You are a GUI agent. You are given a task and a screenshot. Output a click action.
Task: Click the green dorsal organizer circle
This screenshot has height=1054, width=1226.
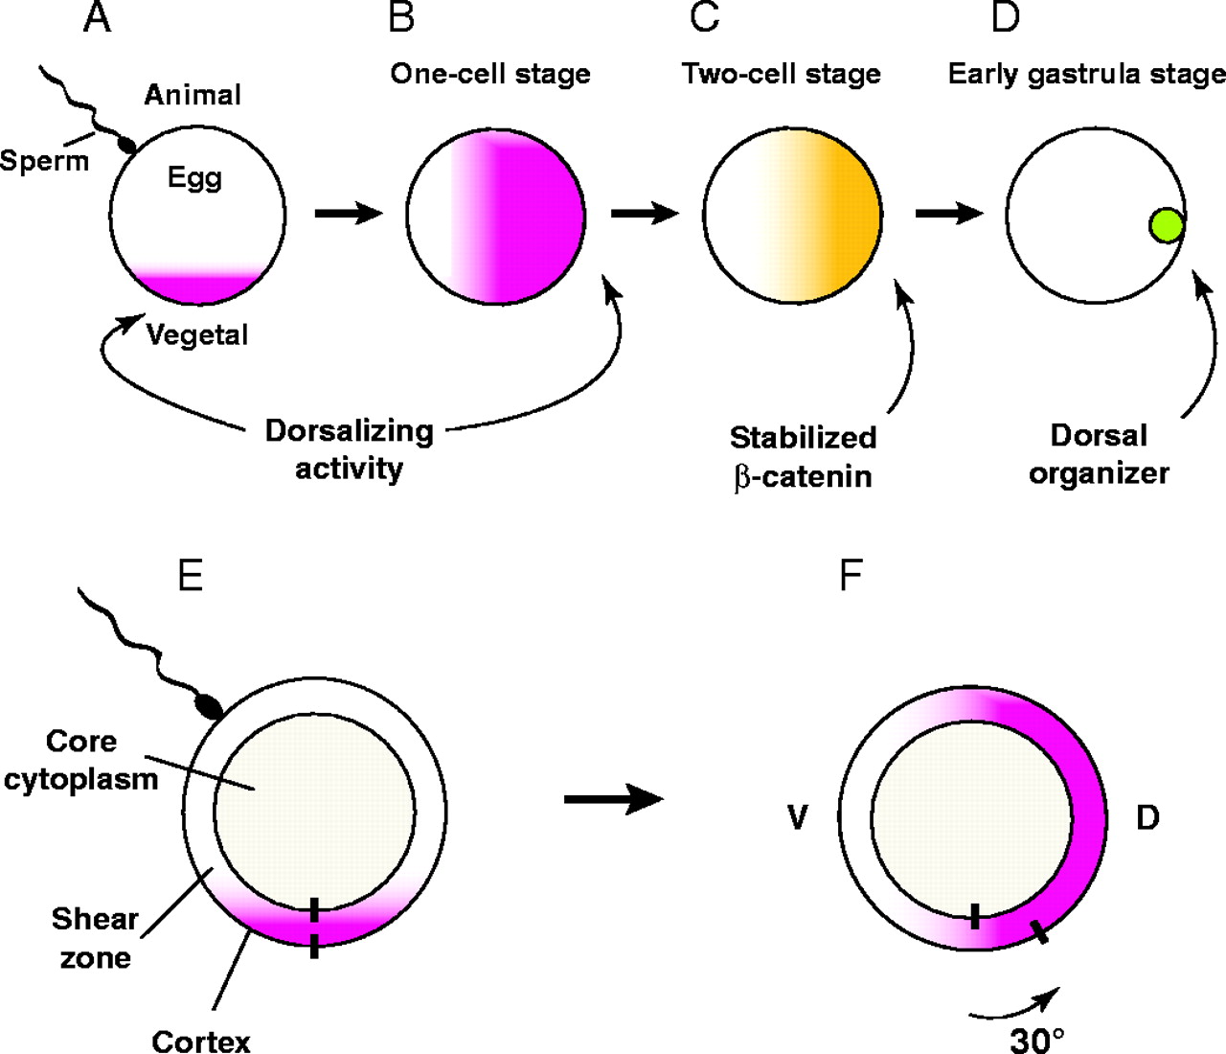pos(1167,225)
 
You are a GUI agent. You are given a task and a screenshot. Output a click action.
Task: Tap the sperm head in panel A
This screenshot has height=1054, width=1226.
pos(126,146)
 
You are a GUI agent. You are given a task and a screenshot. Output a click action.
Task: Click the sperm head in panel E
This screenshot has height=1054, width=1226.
pos(209,707)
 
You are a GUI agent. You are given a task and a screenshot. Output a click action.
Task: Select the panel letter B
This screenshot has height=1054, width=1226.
pos(401,17)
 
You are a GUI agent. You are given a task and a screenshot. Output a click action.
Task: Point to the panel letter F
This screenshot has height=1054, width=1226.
pos(851,576)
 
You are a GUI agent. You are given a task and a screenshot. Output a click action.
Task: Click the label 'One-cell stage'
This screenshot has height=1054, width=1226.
pos(490,75)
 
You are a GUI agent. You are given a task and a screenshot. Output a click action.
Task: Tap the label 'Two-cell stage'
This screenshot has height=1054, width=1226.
pos(782,75)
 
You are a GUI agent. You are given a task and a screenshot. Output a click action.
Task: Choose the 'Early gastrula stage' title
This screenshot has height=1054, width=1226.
pos(1086,75)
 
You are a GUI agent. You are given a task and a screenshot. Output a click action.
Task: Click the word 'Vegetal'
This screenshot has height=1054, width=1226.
pos(197,334)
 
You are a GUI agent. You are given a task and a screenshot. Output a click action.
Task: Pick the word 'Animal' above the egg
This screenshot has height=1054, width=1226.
pos(193,95)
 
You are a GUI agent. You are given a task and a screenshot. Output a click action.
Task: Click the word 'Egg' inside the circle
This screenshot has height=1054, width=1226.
pos(194,177)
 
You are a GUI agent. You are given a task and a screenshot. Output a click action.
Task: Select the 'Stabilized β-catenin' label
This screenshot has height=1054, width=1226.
pos(803,456)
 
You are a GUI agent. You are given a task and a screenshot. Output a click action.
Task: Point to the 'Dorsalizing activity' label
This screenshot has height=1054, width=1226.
pos(349,449)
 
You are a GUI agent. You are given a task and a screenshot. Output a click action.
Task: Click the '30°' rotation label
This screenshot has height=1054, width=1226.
pos(1037,1039)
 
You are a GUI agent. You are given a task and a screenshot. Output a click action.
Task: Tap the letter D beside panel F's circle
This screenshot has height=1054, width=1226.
pos(1147,817)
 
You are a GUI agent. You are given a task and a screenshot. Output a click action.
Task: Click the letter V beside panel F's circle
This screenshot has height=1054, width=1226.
pos(797,818)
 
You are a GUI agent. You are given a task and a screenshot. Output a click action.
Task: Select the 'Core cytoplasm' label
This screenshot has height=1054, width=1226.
pos(81,759)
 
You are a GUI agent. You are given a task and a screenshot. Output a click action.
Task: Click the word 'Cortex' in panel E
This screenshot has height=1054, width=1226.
pos(201,1041)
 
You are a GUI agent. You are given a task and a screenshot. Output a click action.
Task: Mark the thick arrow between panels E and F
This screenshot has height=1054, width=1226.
pos(614,798)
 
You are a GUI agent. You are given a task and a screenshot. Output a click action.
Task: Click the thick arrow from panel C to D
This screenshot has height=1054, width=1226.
pos(949,213)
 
